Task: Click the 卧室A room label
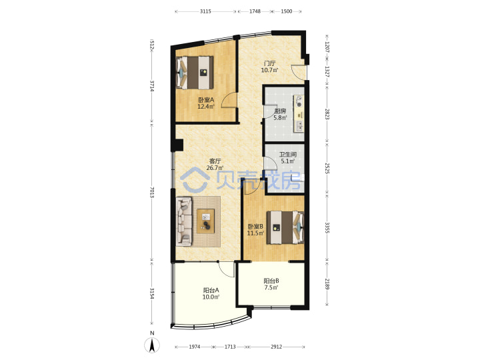pyautogui.click(x=206, y=103)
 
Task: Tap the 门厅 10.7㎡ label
pyautogui.click(x=270, y=67)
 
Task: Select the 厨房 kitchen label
pyautogui.click(x=280, y=114)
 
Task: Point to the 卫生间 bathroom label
pyautogui.click(x=288, y=157)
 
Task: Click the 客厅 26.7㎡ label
pyautogui.click(x=215, y=165)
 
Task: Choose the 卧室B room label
pyautogui.click(x=255, y=229)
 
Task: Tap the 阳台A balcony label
pyautogui.click(x=211, y=293)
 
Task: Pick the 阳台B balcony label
pyautogui.click(x=271, y=284)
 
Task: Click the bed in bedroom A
pyautogui.click(x=195, y=73)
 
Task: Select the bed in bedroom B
pyautogui.click(x=285, y=227)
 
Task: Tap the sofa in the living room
pyautogui.click(x=184, y=221)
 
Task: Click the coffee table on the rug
pyautogui.click(x=206, y=221)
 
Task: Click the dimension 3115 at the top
pyautogui.click(x=205, y=11)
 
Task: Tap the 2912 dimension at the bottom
pyautogui.click(x=277, y=347)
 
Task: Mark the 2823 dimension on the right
pyautogui.click(x=327, y=114)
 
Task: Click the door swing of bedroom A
pyautogui.click(x=229, y=100)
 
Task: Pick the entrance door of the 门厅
pyautogui.click(x=298, y=72)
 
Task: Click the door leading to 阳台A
pyautogui.click(x=226, y=269)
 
